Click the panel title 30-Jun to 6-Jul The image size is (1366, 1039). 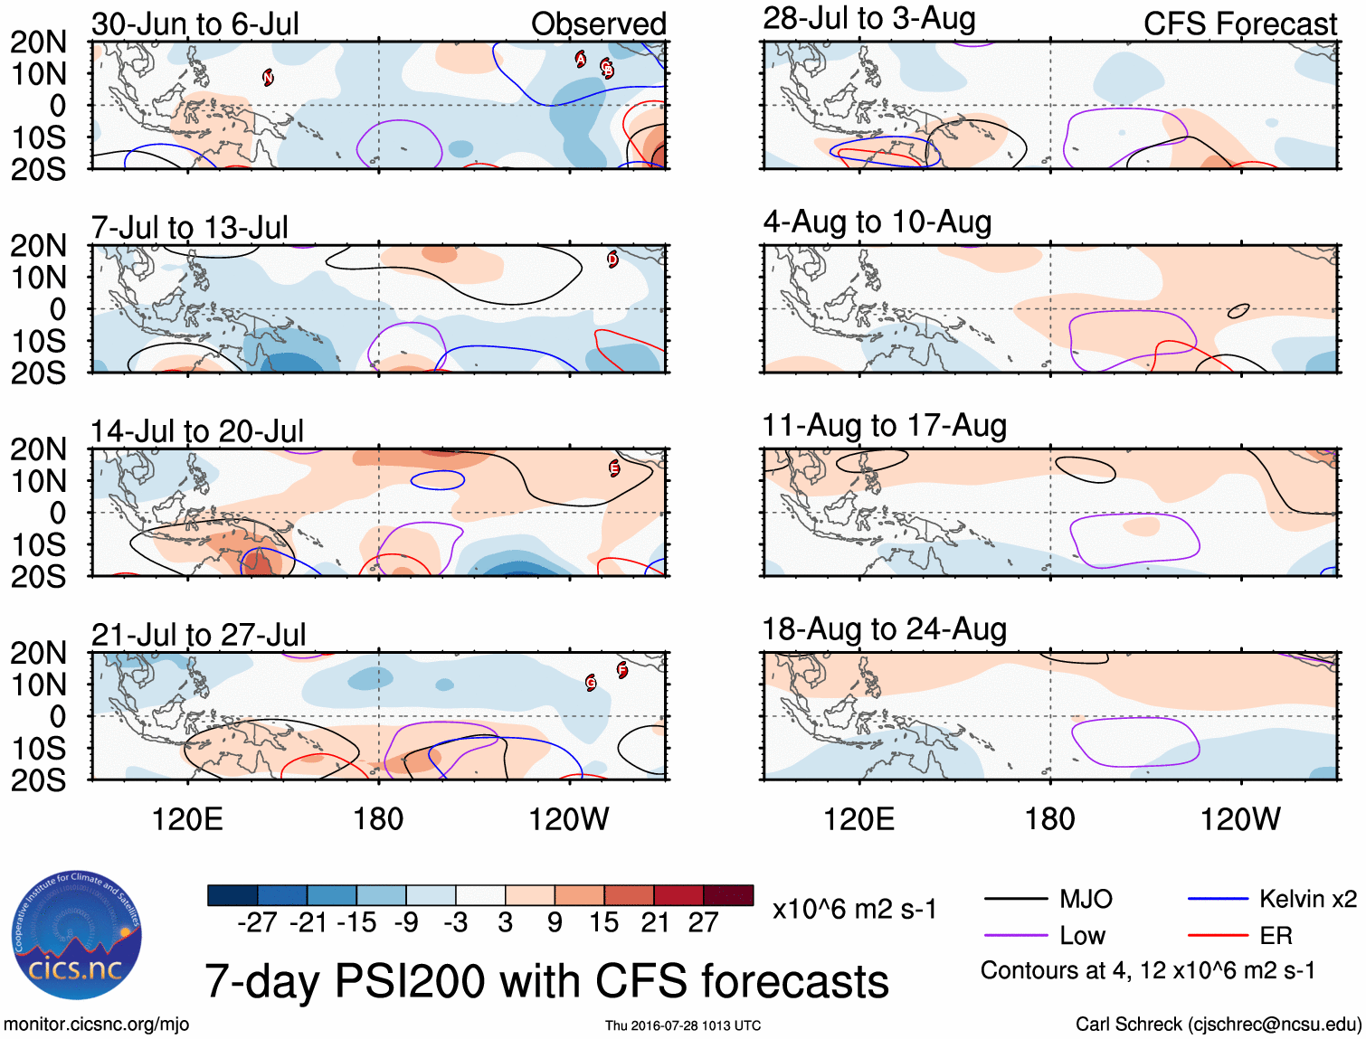pos(194,24)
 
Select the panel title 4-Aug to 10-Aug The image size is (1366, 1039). pos(877,222)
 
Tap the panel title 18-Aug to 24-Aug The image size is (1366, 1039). pos(884,628)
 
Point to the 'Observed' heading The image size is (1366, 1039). pos(598,24)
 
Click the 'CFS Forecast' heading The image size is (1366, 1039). pos(1239,24)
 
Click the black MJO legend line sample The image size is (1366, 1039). pos(1015,899)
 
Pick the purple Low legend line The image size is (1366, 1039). pos(1015,936)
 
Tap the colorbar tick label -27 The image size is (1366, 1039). pos(256,922)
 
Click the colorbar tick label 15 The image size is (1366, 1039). pos(603,922)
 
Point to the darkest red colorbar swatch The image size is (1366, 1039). pos(728,895)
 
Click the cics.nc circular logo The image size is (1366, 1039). pos(77,935)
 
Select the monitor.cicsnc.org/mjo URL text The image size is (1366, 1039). pos(96,1024)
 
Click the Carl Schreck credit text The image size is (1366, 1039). pos(1218,1024)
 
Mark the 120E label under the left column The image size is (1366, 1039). pos(187,819)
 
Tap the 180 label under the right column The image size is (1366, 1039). pos(1049,819)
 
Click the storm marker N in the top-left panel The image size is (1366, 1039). pos(268,78)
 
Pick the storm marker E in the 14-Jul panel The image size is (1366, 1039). pos(614,468)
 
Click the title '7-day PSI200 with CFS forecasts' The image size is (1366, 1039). pos(546,981)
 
